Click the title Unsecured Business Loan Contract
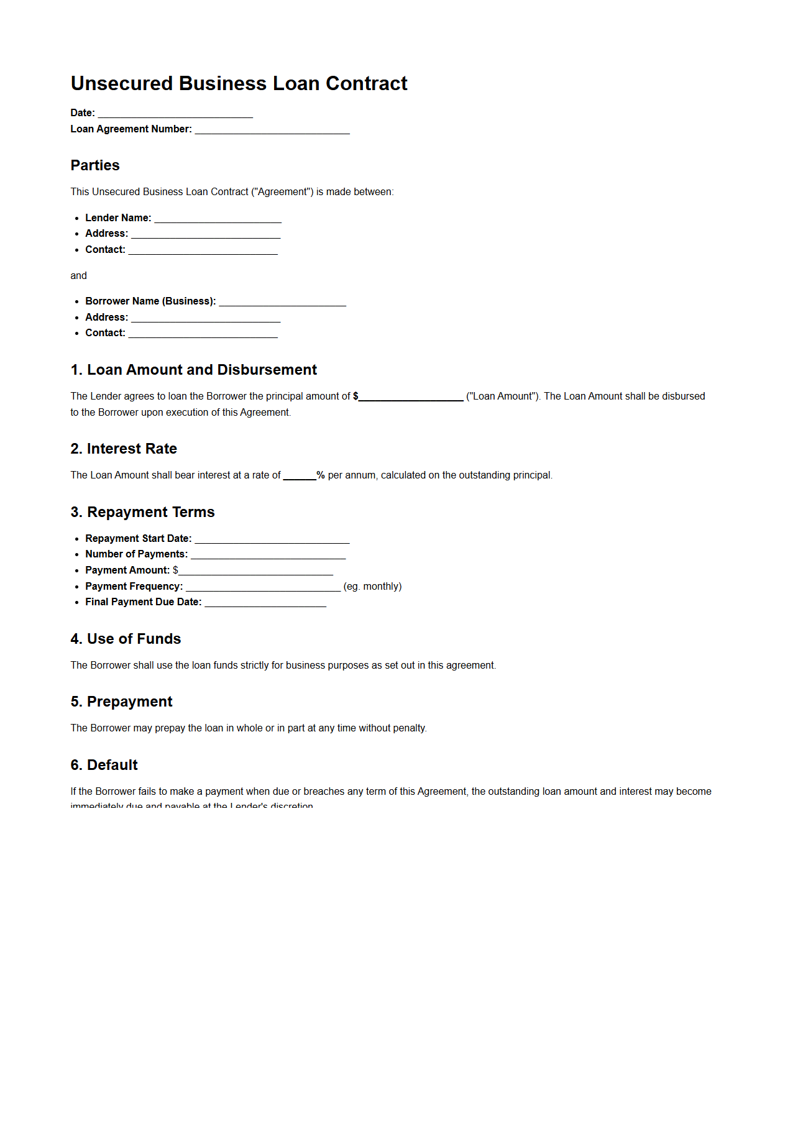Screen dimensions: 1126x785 pos(239,83)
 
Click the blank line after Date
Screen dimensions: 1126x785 pos(175,114)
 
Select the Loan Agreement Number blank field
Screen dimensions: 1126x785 pos(272,130)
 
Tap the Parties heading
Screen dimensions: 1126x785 pos(95,165)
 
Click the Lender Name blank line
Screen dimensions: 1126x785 pos(218,219)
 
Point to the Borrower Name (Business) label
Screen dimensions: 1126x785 pos(150,301)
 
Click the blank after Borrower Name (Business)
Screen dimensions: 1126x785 pos(282,302)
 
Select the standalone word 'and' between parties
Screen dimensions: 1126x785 pos(78,276)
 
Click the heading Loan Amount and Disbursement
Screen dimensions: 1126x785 pos(194,370)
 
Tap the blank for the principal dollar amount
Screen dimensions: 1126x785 pos(411,397)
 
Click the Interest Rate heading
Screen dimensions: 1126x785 pos(124,449)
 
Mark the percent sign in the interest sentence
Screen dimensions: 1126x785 pos(321,475)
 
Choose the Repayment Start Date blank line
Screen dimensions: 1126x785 pos(272,539)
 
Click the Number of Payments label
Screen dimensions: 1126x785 pos(136,554)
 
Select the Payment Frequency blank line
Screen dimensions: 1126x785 pos(263,587)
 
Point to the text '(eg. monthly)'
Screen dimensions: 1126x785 pos(372,587)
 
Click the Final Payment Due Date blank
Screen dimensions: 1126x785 pos(265,603)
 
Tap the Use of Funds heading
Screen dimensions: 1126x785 pos(126,639)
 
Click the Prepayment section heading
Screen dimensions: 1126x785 pos(121,702)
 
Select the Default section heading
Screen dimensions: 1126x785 pos(104,766)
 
